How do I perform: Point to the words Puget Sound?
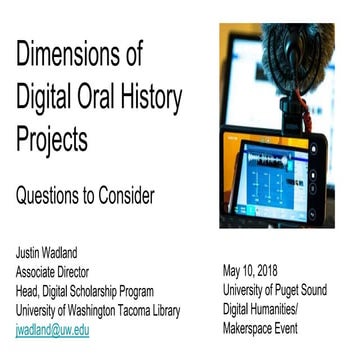tap(299, 291)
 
